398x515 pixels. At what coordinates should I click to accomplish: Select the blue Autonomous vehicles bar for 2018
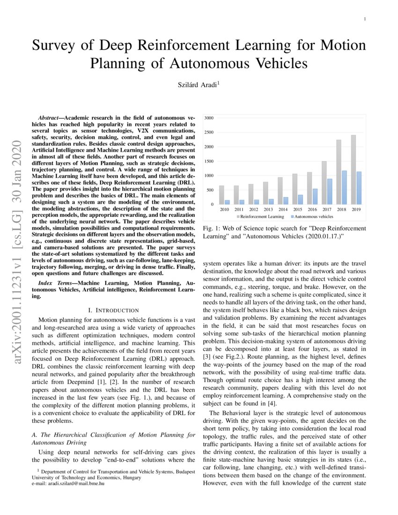point(344,187)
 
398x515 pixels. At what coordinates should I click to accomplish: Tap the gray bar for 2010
point(221,195)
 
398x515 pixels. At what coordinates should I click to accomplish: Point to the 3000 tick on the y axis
point(209,118)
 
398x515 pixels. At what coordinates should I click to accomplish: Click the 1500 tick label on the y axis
point(209,161)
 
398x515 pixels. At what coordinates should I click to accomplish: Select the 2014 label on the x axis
point(283,209)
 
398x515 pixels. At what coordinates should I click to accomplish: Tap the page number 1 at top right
point(364,19)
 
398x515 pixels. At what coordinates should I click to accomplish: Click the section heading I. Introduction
point(113,310)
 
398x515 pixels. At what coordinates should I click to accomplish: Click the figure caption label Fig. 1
point(210,228)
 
